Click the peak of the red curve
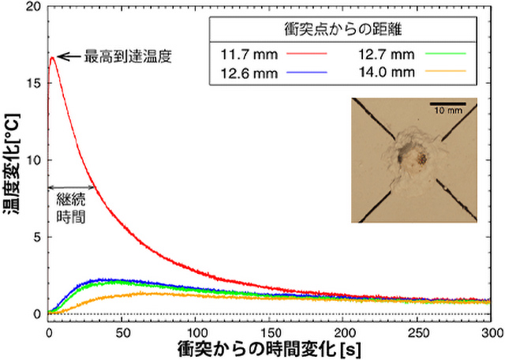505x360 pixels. (52, 57)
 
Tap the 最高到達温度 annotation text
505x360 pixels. (130, 57)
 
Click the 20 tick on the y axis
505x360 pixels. (32, 6)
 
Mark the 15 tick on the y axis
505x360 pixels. (32, 83)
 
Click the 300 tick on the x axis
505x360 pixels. (490, 332)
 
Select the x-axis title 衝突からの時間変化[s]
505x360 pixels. (269, 348)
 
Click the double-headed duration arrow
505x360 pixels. (71, 187)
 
